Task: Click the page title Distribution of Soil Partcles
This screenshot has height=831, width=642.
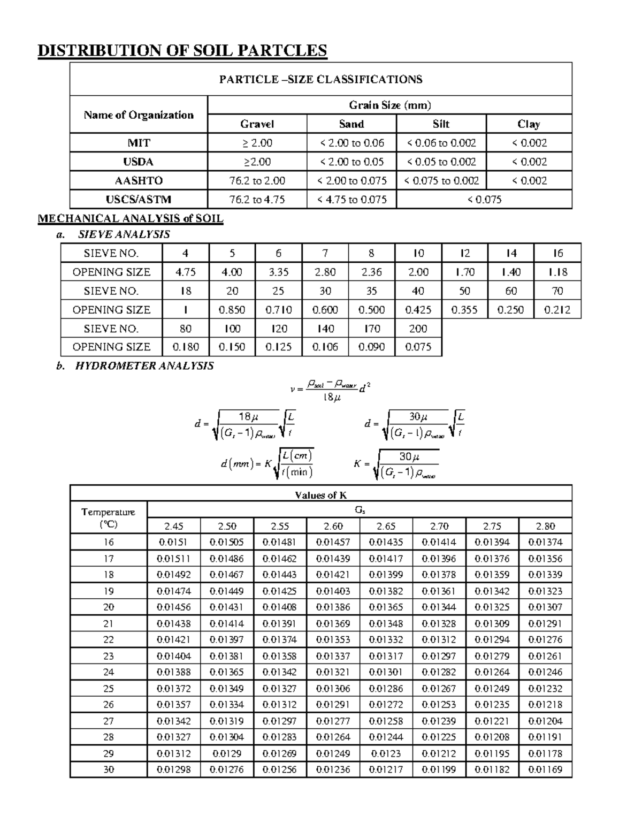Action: (182, 50)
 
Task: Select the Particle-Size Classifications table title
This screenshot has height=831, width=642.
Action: (320, 80)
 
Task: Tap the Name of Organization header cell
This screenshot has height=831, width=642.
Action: (139, 115)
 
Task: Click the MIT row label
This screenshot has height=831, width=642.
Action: (139, 143)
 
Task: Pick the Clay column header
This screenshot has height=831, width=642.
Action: (529, 124)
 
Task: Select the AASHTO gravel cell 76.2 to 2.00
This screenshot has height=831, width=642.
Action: (257, 181)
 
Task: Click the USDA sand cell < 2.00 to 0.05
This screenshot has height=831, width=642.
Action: (351, 162)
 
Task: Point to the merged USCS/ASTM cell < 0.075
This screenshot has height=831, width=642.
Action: (484, 200)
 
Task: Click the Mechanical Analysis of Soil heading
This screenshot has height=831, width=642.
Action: (130, 218)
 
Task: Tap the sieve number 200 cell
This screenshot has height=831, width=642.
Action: (418, 329)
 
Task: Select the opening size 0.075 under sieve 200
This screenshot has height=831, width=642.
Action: (418, 347)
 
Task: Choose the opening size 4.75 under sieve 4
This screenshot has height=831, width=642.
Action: (186, 272)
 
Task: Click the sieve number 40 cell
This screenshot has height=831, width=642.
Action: (418, 291)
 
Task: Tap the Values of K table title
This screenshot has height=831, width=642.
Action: (320, 495)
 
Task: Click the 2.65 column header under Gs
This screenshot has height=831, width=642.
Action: (386, 526)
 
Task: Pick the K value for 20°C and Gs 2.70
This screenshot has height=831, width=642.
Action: (439, 607)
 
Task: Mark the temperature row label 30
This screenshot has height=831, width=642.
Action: (109, 769)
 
